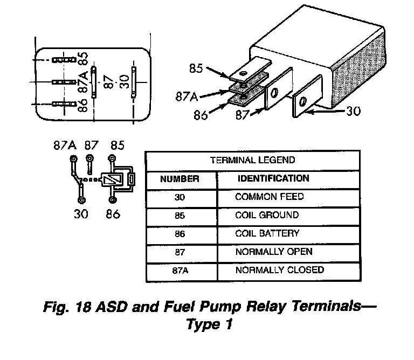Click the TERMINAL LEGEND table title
pos(252,160)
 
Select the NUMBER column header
pos(180,179)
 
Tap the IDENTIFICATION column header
pos(273,178)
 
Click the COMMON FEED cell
pos(270,197)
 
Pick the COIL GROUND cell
pos(267,215)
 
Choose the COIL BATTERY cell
pos(267,233)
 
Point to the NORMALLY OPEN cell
pos(274,252)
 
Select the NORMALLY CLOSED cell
pos(280,270)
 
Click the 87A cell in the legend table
pos(180,271)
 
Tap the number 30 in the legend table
pos(180,197)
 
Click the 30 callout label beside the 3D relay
pos(353,111)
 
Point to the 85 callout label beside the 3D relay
pos(196,68)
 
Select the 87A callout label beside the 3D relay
pos(187,96)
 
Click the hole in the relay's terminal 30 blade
pos(303,101)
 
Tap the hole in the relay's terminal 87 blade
pos(274,93)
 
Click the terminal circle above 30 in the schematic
pos(81,200)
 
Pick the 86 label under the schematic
pos(113,214)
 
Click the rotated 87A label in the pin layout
pos(83,82)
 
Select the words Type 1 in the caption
pos(210,324)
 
